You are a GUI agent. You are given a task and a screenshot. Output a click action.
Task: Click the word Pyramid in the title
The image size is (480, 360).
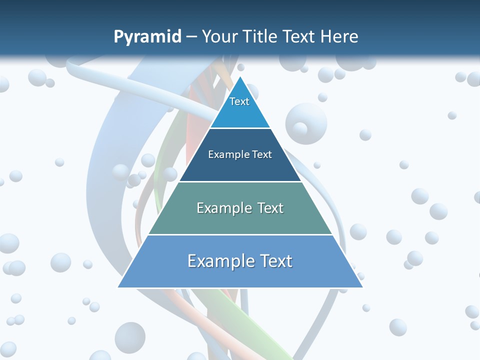point(147,37)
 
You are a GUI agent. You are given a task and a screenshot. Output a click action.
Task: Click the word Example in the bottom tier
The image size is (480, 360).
point(218,261)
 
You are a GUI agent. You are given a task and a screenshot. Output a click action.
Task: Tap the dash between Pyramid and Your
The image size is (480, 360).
point(191,37)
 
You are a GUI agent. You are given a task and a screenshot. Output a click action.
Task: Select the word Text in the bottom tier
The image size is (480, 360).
point(273,261)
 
